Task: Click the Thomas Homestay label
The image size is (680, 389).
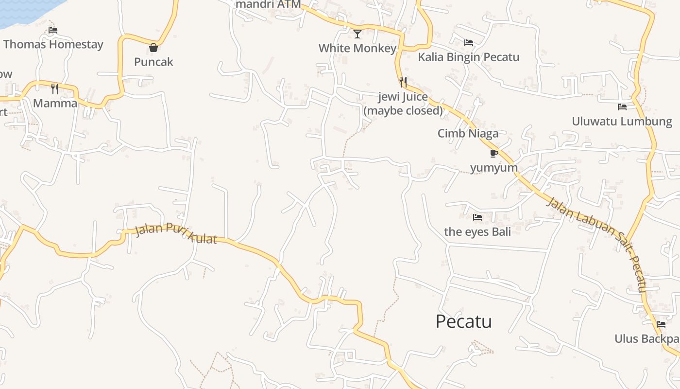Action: [x=53, y=44]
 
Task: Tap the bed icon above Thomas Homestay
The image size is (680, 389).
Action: [x=53, y=30]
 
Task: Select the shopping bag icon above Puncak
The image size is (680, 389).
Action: [x=153, y=48]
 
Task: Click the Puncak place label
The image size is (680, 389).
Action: [x=153, y=62]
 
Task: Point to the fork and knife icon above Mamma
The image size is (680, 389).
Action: [x=55, y=89]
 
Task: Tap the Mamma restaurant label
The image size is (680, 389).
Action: [x=55, y=103]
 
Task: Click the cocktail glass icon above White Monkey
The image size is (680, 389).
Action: [x=357, y=34]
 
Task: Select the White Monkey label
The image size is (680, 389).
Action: [x=357, y=48]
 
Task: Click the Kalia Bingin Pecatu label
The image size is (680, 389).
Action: [x=469, y=57]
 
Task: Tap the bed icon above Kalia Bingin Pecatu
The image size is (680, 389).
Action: [x=469, y=43]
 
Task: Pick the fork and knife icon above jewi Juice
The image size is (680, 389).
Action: [x=403, y=82]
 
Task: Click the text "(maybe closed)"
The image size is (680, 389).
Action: [x=403, y=111]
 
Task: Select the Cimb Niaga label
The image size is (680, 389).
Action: [x=468, y=133]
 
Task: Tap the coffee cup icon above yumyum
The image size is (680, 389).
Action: [x=494, y=154]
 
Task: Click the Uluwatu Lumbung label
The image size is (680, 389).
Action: [x=622, y=121]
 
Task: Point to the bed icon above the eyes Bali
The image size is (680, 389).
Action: [x=477, y=217]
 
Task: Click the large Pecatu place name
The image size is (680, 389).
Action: [x=463, y=321]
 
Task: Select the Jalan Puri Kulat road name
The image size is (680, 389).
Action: [x=176, y=233]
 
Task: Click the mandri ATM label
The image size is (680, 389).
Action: [x=268, y=4]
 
